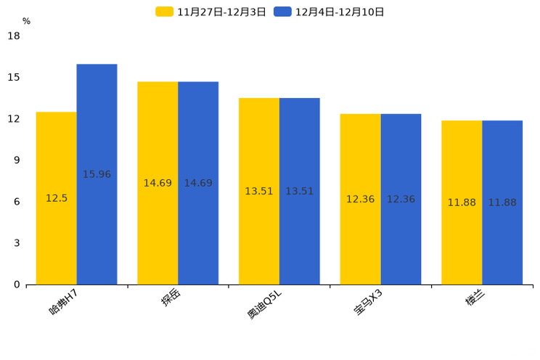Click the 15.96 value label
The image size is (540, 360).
point(97,174)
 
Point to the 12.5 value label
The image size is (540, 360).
point(56,198)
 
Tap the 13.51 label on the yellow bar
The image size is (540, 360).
point(259,192)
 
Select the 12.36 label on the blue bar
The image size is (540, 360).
point(401,200)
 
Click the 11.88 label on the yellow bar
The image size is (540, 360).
point(462,202)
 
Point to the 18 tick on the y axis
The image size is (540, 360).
point(14,36)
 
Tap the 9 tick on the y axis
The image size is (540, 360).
point(17,160)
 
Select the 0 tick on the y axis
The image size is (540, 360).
point(17,285)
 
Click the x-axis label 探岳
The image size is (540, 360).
point(171,298)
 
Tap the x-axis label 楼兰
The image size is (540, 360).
point(475,298)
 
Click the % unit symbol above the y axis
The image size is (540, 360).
point(26,22)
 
